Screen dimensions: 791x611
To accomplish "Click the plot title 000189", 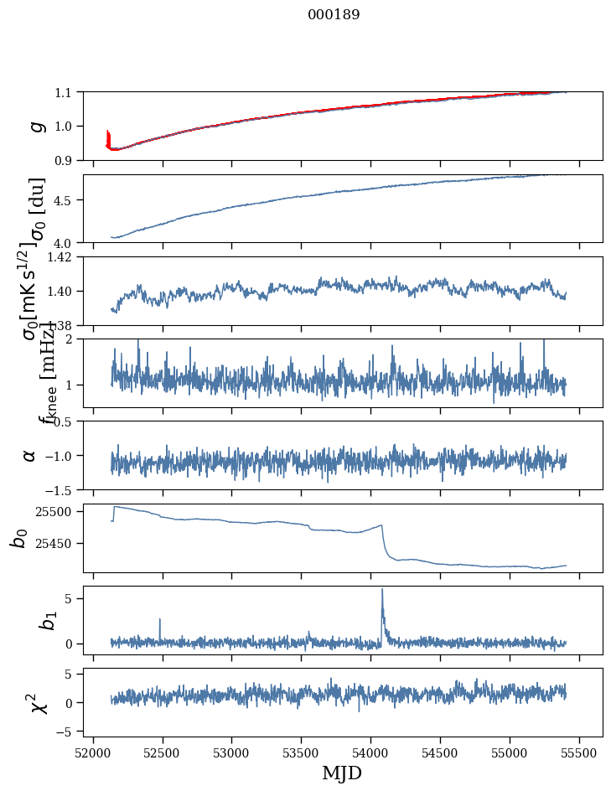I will (x=334, y=15).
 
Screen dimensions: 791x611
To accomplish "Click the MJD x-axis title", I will (x=342, y=773).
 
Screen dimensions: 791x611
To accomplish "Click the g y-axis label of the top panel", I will (x=35, y=126).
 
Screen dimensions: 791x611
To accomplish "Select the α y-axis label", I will (x=30, y=455).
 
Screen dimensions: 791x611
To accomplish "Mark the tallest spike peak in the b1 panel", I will (x=382, y=589).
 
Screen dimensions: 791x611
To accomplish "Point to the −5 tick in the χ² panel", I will (x=65, y=732).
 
